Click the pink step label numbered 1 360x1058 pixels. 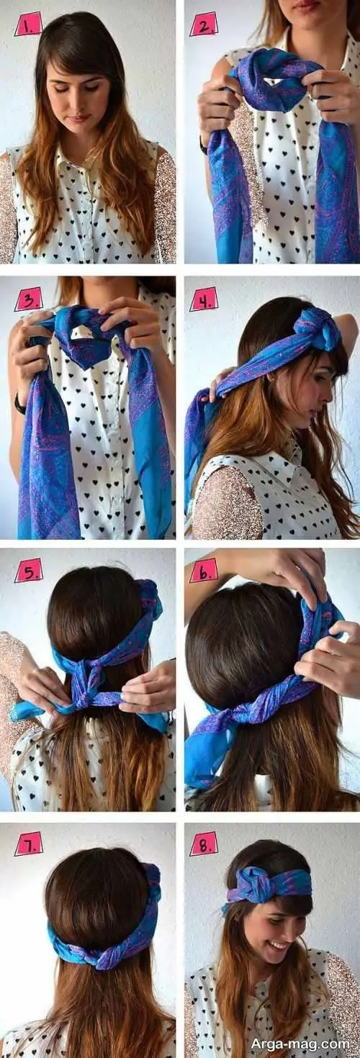28,26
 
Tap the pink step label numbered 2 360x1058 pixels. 204,26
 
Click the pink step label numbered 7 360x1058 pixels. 28,844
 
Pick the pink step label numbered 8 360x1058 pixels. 204,844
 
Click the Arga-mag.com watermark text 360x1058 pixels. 300,1043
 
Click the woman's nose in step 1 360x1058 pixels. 75,101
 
